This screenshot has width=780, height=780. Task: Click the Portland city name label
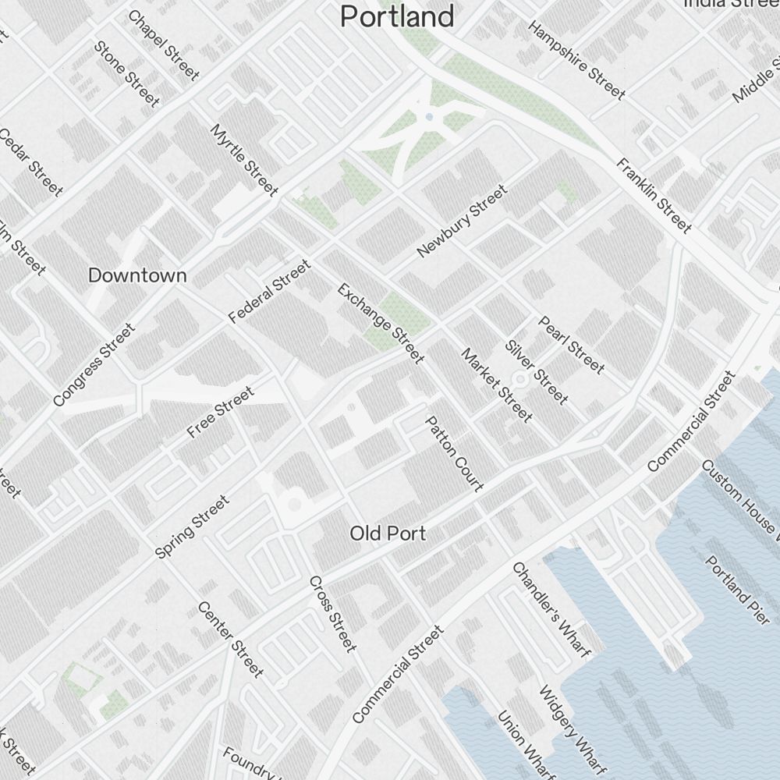tap(398, 16)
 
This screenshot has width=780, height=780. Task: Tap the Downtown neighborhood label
tap(137, 275)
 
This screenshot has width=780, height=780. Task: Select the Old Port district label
tap(388, 534)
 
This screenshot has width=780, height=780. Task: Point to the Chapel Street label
tap(163, 45)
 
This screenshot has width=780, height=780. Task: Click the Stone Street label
tap(126, 73)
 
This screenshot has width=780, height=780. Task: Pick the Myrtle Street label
tap(244, 160)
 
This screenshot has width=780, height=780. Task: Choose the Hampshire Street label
tap(576, 60)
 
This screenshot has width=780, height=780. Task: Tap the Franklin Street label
tap(654, 196)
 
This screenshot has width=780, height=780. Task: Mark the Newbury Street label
tap(462, 221)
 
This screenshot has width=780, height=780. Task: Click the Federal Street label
tap(269, 292)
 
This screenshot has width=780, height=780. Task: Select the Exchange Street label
tap(381, 324)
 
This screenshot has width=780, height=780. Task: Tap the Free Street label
tap(221, 412)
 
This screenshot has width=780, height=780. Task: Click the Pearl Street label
tap(572, 345)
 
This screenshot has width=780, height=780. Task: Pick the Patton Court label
tap(454, 453)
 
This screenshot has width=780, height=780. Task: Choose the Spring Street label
tap(192, 526)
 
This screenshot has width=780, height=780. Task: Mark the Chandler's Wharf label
tap(550, 609)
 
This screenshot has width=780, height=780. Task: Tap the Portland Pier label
tap(737, 589)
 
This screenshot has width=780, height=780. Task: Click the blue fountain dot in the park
tap(429, 117)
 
